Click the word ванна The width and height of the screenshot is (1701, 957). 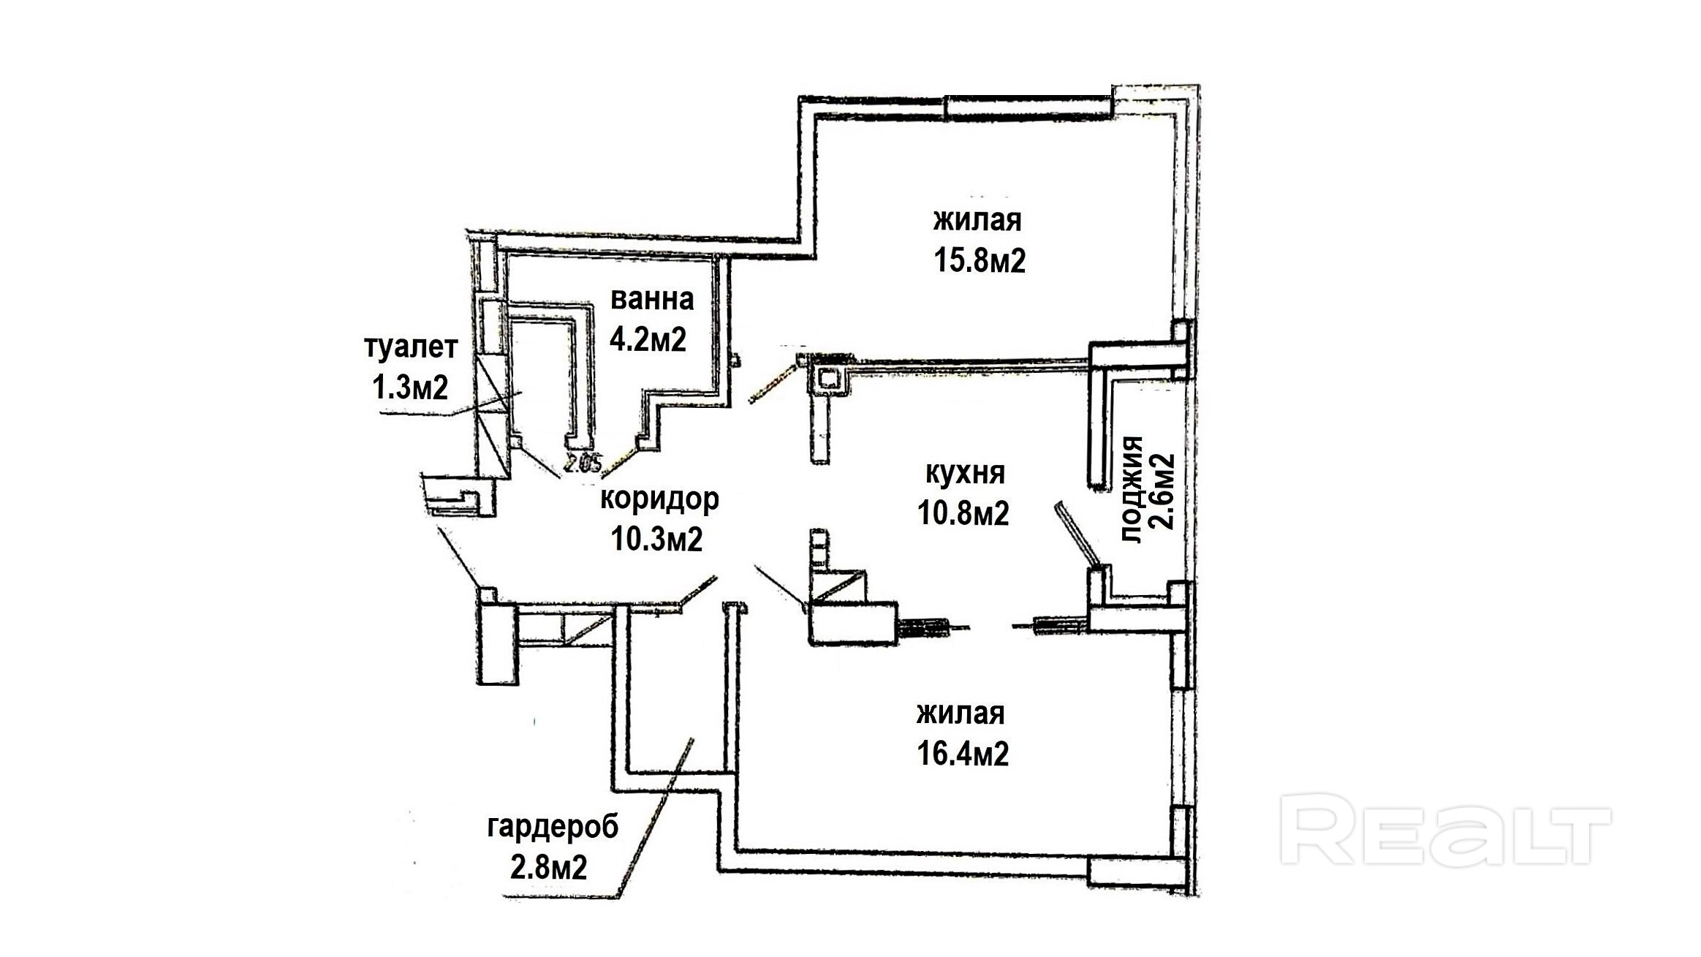tap(651, 300)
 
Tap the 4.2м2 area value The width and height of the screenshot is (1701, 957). tap(648, 340)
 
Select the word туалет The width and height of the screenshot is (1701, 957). tap(411, 347)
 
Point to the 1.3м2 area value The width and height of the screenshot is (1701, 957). tap(410, 387)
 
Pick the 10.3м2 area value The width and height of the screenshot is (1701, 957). tap(657, 540)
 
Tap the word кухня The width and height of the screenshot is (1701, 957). tap(965, 474)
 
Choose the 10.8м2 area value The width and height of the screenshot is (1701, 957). tap(963, 513)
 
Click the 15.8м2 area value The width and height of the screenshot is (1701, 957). tap(980, 260)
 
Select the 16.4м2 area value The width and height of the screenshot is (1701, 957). tap(963, 753)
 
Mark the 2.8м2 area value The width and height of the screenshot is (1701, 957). tap(549, 868)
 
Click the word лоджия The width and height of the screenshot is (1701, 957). tap(1132, 489)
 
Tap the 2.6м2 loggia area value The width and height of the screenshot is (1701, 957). tap(1162, 491)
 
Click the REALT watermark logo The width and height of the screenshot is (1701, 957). tap(1445, 836)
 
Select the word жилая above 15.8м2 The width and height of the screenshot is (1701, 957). tap(977, 220)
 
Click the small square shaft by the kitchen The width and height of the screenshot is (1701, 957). tap(828, 379)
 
